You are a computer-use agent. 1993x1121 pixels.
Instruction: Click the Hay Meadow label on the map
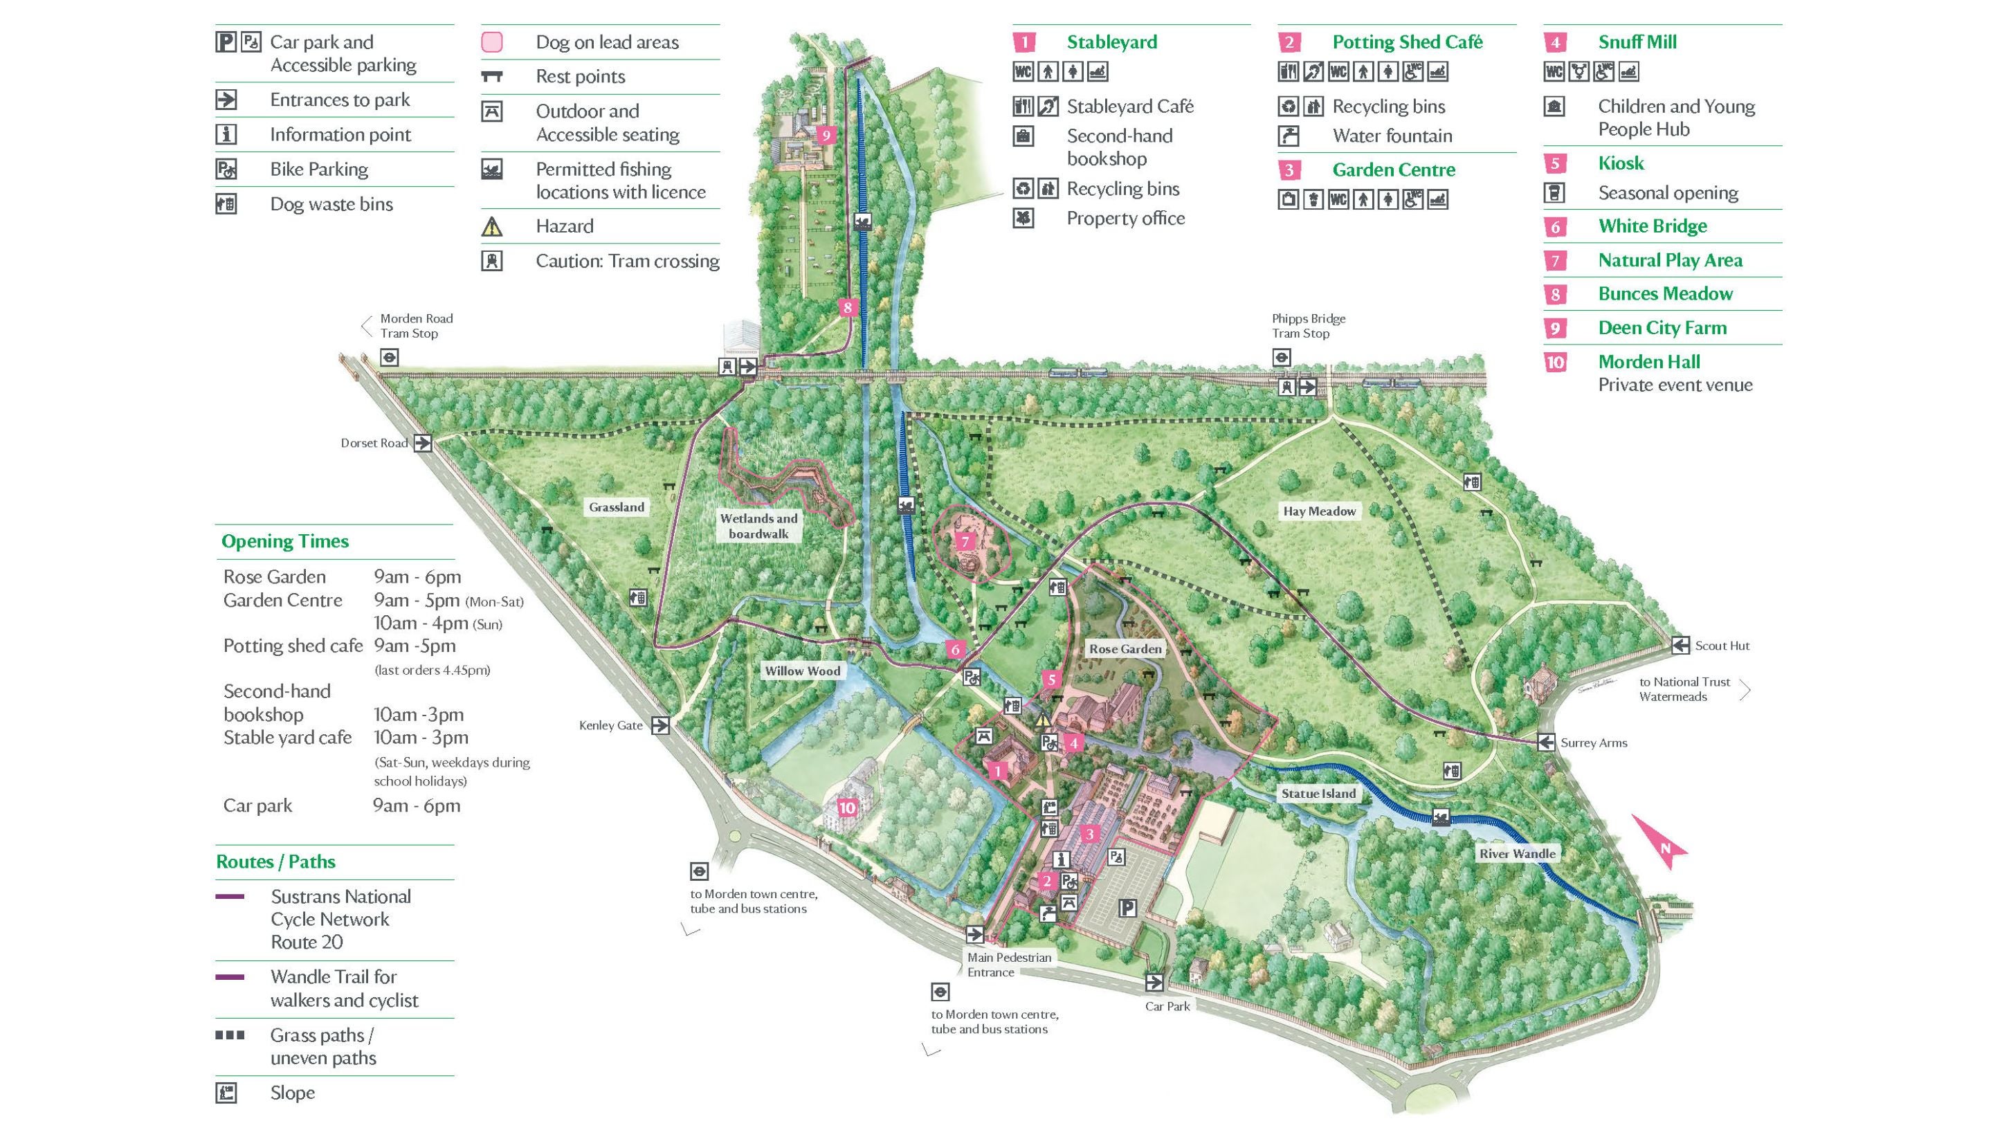[1319, 511]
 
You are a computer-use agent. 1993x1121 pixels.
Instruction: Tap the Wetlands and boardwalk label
[758, 526]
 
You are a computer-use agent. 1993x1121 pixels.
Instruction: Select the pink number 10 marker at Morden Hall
[847, 808]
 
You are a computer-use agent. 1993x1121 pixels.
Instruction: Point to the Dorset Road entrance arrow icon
[422, 444]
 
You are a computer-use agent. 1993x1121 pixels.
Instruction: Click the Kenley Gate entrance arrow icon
[660, 726]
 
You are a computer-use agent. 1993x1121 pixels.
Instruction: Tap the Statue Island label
[1318, 793]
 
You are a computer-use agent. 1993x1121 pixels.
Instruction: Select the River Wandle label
[1516, 853]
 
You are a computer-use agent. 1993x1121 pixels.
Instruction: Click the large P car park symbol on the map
[1128, 907]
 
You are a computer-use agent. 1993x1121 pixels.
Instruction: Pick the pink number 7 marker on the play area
[965, 542]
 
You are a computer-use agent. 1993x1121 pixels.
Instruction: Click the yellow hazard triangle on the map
[1043, 719]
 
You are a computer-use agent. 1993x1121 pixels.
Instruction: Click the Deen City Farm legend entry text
[1662, 327]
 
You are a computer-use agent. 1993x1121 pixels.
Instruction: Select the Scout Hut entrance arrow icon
[1680, 645]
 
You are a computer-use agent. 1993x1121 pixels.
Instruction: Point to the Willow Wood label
[802, 671]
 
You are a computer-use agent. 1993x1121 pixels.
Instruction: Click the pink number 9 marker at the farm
[826, 136]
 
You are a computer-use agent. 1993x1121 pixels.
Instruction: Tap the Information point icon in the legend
[226, 135]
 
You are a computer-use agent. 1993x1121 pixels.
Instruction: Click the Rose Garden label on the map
[1125, 648]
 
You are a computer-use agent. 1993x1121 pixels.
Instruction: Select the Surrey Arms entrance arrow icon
[1546, 742]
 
